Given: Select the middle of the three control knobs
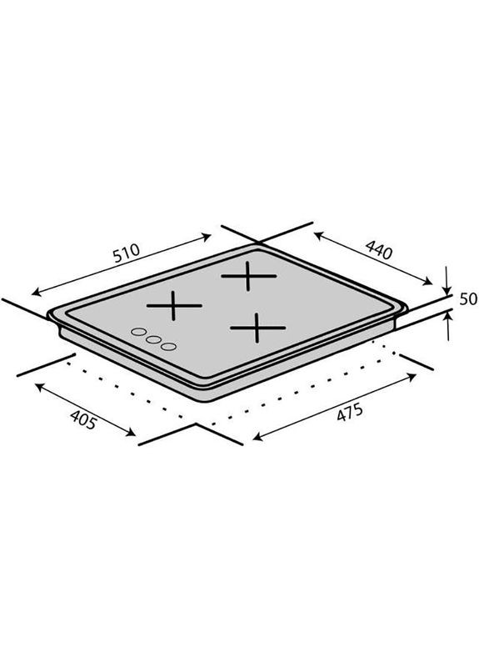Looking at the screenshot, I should [152, 340].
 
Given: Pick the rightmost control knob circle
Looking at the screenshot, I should [169, 345].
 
